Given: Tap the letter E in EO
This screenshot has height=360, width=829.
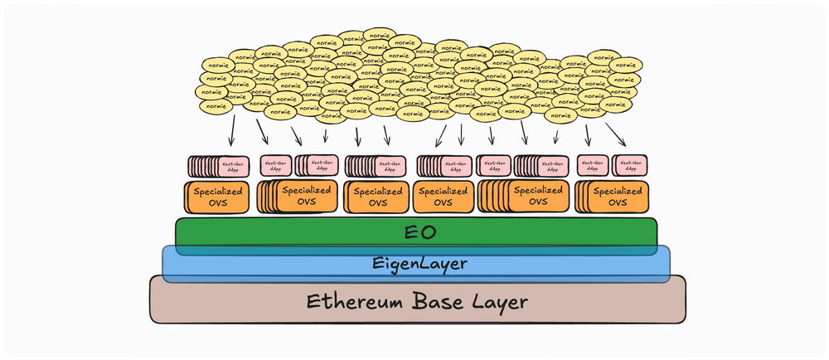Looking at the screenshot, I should (x=409, y=231).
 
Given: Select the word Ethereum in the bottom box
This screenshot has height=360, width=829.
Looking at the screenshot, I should (x=347, y=300).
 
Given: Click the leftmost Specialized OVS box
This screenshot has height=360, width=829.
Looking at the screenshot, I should (x=216, y=197).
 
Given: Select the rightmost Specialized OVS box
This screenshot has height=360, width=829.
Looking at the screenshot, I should (x=616, y=197).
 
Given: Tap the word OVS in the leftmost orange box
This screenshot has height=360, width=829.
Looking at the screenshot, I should (x=216, y=203).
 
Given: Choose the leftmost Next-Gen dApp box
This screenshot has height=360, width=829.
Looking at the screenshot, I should (x=233, y=166).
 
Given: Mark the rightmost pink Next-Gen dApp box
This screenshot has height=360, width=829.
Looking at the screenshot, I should (x=630, y=166).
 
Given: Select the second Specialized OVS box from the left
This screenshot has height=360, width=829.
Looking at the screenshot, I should (x=303, y=197).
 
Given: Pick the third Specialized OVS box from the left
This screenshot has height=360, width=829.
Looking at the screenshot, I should (x=377, y=197).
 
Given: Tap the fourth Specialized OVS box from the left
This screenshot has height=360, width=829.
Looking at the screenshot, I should (x=444, y=197).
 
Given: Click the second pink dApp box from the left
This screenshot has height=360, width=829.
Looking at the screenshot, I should (x=275, y=166).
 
